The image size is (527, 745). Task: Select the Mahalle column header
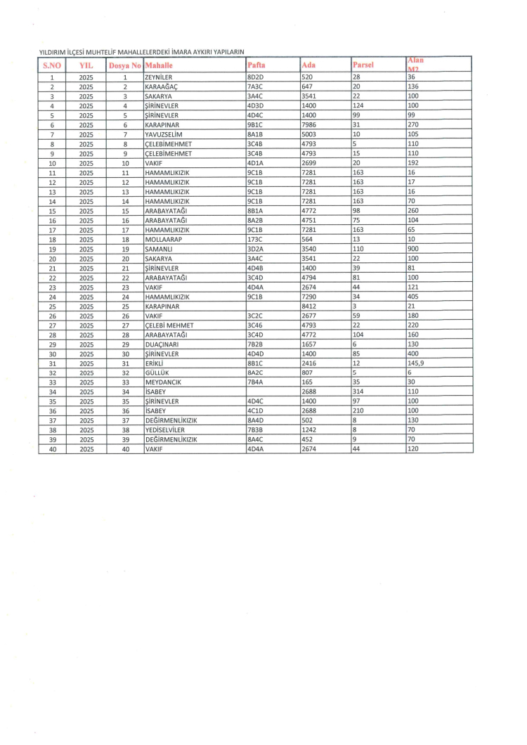click(159, 65)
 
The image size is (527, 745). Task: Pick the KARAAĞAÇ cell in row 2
click(159, 86)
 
